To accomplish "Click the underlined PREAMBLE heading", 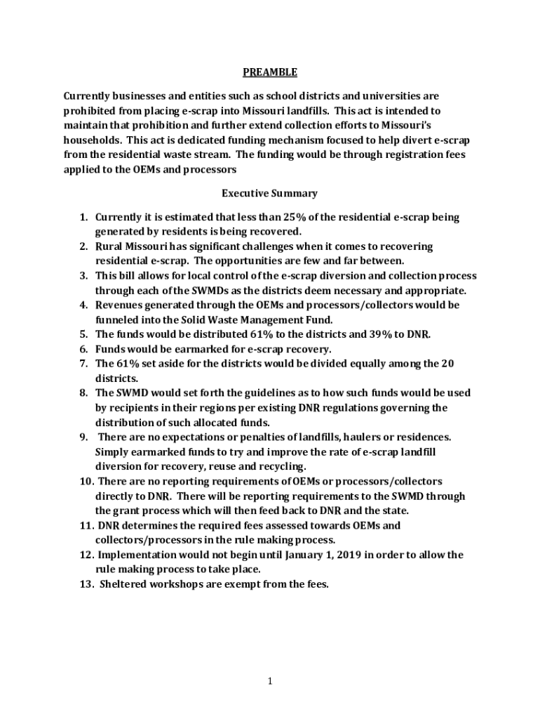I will point(270,72).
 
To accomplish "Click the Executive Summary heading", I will point(270,193).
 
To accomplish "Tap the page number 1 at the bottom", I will point(270,680).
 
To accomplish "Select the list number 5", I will point(82,334).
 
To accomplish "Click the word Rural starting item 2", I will point(109,246).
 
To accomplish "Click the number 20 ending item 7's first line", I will point(452,364).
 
